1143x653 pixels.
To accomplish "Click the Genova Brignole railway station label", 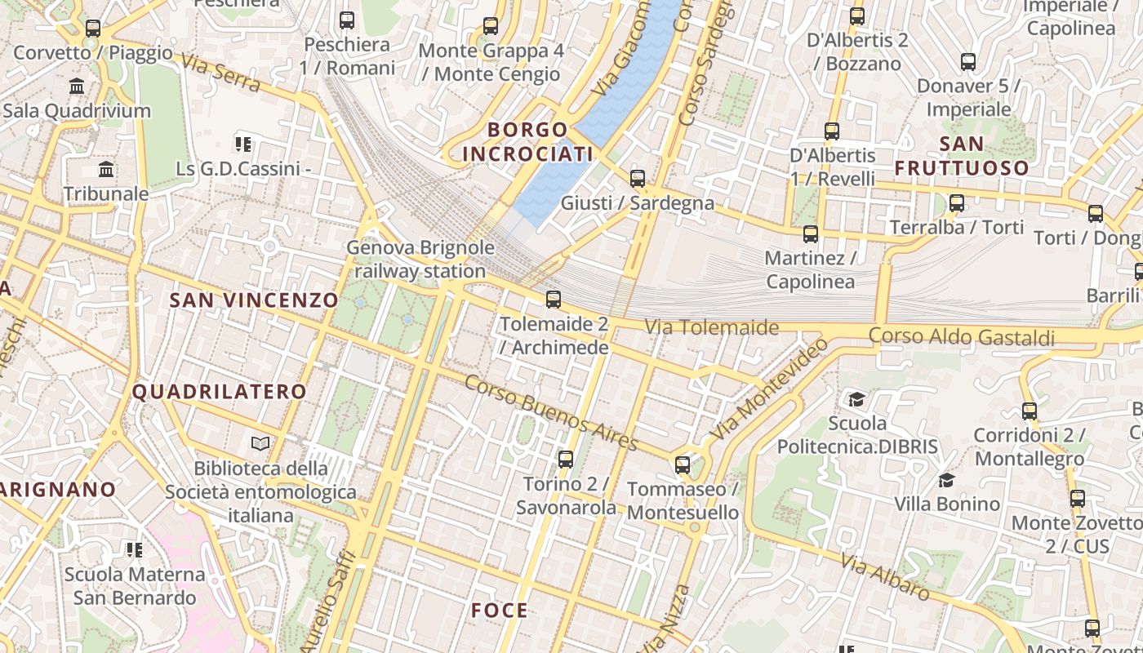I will click(420, 260).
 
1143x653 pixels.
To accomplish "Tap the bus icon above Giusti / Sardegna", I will click(638, 178).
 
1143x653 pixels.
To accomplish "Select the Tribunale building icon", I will click(106, 170).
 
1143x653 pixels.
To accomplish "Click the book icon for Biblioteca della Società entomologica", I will click(260, 443).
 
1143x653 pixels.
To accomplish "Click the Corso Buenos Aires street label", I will click(552, 413).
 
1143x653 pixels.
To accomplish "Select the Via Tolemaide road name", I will click(711, 327).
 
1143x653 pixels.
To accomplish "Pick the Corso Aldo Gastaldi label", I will click(961, 336).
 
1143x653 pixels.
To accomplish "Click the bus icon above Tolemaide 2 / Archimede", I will click(554, 299).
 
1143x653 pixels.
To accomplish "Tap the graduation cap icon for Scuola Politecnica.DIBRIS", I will click(856, 399).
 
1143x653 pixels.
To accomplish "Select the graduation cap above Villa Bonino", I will click(946, 480).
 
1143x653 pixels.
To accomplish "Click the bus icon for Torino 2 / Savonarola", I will click(565, 460).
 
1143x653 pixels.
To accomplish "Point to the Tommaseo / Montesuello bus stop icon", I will click(683, 465).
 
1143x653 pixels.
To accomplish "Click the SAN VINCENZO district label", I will click(253, 300).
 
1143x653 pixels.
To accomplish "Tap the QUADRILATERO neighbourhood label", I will click(220, 392).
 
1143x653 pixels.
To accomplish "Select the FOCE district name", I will click(500, 611).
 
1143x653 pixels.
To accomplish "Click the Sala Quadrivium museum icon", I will click(78, 87).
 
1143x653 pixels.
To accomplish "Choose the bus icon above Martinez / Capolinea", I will click(811, 234).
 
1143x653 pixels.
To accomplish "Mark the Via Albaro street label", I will click(885, 577).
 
